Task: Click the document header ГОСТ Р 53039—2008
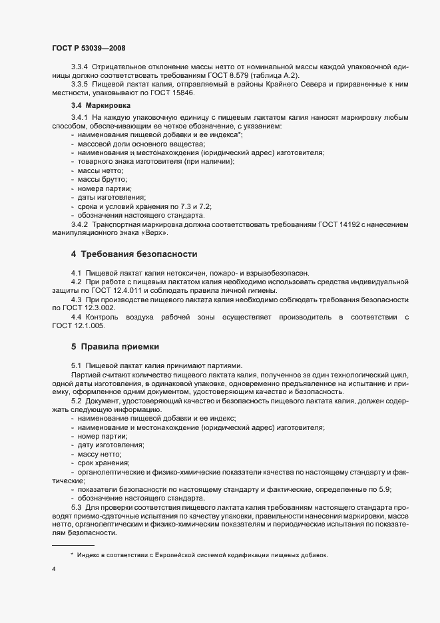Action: click(x=88, y=47)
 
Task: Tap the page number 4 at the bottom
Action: click(x=54, y=569)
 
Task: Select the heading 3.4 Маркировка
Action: click(x=100, y=105)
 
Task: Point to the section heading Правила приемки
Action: click(x=117, y=346)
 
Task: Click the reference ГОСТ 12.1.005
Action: click(x=79, y=325)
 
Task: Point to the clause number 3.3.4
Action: click(x=81, y=68)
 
